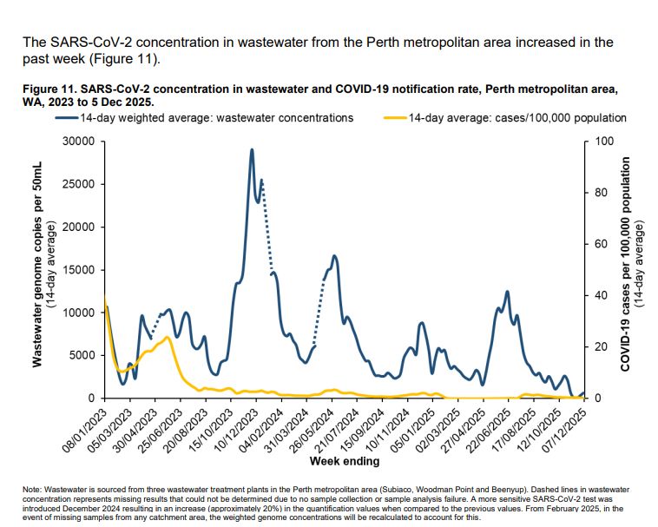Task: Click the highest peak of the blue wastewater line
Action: click(252, 149)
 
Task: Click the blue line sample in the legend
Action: click(62, 118)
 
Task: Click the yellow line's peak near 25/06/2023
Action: click(167, 337)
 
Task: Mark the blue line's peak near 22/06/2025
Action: click(507, 292)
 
